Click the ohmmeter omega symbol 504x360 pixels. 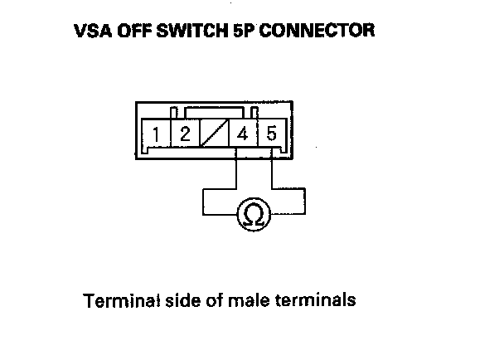tap(254, 216)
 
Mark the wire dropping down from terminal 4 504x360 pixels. tap(238, 170)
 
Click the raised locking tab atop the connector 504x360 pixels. tap(222, 109)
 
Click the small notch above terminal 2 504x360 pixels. tap(173, 112)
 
